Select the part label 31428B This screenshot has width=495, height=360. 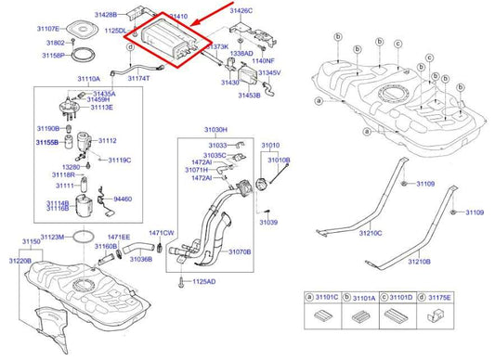pyautogui.click(x=105, y=16)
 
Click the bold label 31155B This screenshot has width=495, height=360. pyautogui.click(x=48, y=143)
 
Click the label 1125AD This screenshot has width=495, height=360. pyautogui.click(x=204, y=281)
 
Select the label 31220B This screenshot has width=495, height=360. pyautogui.click(x=20, y=261)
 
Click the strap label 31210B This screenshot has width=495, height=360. pyautogui.click(x=417, y=262)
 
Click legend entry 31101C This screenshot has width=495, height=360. pyautogui.click(x=326, y=299)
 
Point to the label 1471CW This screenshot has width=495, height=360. pyautogui.click(x=162, y=233)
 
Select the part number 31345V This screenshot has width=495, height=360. pyautogui.click(x=269, y=72)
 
